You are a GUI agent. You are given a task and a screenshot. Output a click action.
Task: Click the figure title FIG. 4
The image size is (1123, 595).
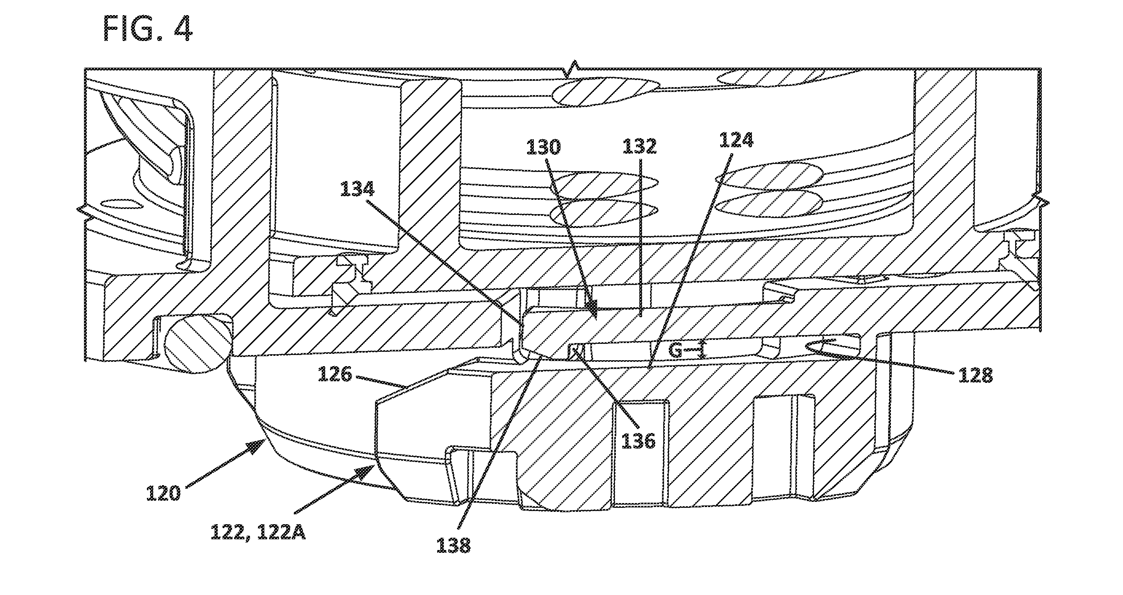(x=148, y=28)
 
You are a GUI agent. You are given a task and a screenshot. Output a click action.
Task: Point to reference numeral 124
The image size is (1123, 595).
(x=736, y=140)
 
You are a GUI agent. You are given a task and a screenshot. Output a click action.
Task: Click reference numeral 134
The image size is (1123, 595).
(x=357, y=189)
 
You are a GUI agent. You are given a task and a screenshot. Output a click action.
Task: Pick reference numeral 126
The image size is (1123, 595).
(x=335, y=374)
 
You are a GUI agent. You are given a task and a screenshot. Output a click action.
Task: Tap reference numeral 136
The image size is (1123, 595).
(x=638, y=441)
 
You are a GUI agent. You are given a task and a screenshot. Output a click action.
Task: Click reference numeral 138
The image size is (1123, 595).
(x=453, y=545)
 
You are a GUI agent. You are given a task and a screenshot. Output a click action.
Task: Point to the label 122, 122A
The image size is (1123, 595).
(x=258, y=532)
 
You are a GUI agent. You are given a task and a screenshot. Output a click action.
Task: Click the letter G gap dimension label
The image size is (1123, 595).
(x=675, y=351)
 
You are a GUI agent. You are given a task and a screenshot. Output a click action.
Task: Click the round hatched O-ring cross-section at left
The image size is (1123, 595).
(x=197, y=344)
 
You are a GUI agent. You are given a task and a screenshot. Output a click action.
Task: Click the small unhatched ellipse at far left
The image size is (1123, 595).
(x=121, y=204)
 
